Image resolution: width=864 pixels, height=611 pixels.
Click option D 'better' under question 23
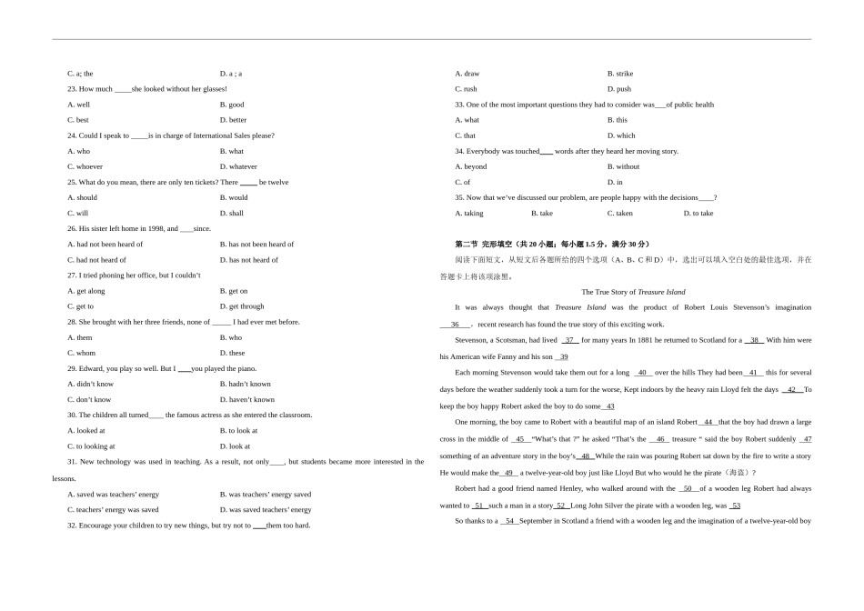[233, 120]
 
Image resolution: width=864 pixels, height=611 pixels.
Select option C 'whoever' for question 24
[85, 166]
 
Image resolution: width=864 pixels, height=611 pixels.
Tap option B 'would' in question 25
[233, 197]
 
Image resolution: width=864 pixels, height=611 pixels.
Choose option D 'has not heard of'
[248, 260]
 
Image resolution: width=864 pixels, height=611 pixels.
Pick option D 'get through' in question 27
[241, 306]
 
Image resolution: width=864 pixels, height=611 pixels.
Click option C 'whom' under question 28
[81, 353]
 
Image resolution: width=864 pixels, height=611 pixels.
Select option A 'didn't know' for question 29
[90, 384]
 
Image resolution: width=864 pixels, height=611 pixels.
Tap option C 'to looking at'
[91, 446]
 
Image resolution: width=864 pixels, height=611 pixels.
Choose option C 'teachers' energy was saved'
[113, 510]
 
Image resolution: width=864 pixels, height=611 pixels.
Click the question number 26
[72, 229]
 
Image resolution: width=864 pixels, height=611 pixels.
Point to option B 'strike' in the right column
[620, 74]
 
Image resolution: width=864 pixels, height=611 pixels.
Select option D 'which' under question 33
[621, 135]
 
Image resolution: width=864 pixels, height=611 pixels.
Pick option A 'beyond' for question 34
[471, 166]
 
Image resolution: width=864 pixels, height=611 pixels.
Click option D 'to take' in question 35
[698, 214]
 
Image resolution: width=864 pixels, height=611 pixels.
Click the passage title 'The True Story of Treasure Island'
[633, 292]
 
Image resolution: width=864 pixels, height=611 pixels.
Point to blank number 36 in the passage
[455, 325]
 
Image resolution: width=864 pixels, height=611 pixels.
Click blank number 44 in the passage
[708, 422]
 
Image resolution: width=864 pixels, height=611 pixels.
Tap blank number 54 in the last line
[510, 521]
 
